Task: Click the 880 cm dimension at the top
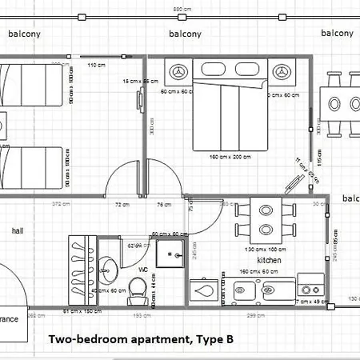(182, 8)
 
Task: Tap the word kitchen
(269, 261)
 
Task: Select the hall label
(18, 230)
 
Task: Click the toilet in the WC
(137, 296)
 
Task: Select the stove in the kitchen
(310, 284)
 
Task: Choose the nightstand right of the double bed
(282, 72)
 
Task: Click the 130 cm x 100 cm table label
(263, 250)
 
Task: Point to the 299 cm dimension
(256, 316)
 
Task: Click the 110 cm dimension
(97, 65)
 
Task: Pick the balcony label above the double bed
(185, 34)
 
